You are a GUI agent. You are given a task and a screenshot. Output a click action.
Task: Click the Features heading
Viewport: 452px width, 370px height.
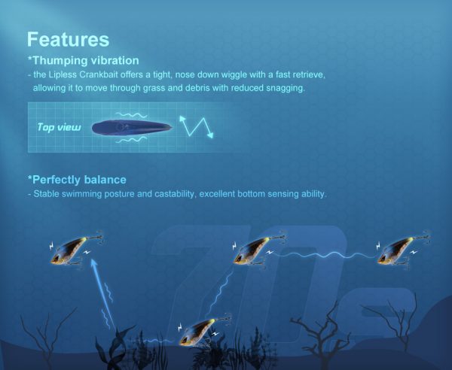(x=68, y=39)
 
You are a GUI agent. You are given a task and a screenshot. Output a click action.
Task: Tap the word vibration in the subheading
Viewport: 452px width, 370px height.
(x=115, y=60)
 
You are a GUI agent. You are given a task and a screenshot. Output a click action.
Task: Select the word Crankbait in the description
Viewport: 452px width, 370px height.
(x=98, y=74)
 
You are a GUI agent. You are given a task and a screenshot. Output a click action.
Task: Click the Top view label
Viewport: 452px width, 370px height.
(x=59, y=127)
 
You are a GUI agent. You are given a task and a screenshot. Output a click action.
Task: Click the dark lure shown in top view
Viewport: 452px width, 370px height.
(x=132, y=127)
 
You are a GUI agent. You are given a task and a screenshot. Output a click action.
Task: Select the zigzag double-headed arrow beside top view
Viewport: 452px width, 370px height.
(x=197, y=127)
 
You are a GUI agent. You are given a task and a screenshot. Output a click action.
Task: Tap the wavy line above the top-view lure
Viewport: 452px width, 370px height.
(x=132, y=115)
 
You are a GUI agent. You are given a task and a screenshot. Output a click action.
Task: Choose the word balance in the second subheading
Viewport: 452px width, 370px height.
(x=103, y=180)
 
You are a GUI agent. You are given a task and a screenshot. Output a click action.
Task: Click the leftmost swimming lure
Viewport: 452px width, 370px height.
(x=76, y=250)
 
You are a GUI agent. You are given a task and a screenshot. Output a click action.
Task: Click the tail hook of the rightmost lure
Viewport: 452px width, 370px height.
(x=423, y=237)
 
